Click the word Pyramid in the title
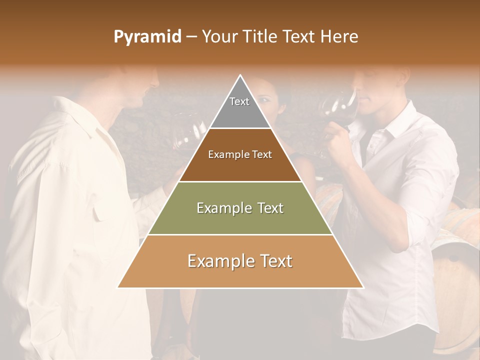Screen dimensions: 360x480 (x=147, y=37)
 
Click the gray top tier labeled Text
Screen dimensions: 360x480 (x=239, y=107)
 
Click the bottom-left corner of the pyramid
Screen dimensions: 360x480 (x=118, y=287)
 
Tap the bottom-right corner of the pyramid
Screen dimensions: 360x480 (x=363, y=287)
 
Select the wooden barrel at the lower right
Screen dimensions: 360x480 (x=455, y=280)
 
